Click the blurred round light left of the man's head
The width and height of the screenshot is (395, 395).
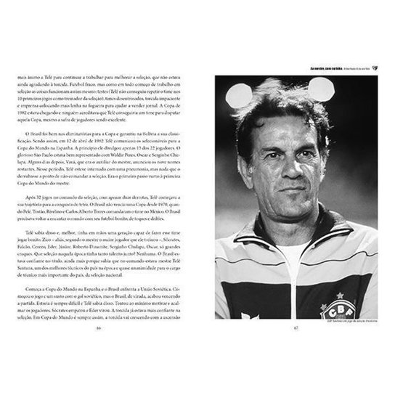pyautogui.click(x=238, y=95)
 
